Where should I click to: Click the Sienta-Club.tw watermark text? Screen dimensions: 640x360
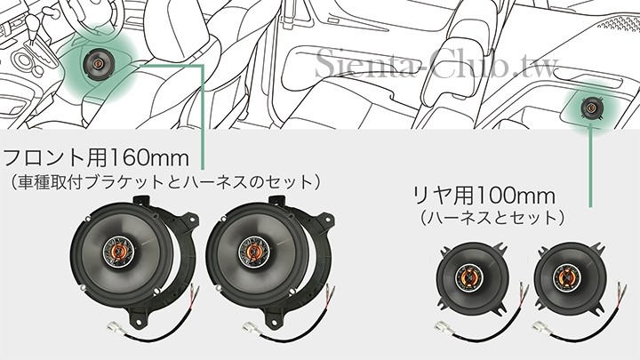point(436,62)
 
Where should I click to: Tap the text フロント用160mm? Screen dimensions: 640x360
point(96,157)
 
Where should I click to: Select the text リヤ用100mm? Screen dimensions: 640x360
point(484,196)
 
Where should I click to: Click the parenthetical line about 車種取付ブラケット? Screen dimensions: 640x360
point(165,182)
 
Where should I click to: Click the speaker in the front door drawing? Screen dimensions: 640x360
point(98,63)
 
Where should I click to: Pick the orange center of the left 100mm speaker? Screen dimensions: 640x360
point(469,277)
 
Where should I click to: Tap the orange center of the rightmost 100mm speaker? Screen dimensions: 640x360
point(566,277)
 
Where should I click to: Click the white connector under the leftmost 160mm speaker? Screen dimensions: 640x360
point(116,328)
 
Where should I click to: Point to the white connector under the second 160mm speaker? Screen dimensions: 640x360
point(251,328)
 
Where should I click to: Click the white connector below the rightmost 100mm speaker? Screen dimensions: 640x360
point(541,327)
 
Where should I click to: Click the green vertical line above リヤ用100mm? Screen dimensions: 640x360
point(590,165)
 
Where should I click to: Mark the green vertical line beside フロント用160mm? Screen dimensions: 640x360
point(203,117)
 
